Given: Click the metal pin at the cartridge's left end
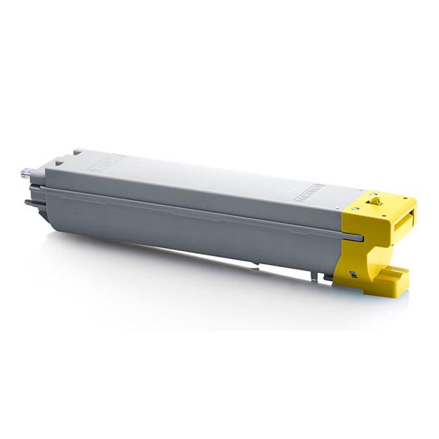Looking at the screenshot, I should tap(26, 173).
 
